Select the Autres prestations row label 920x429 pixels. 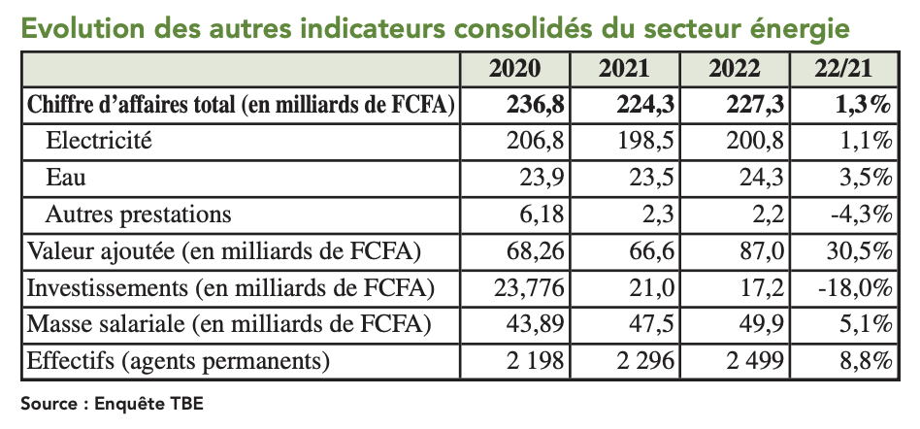tap(139, 214)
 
